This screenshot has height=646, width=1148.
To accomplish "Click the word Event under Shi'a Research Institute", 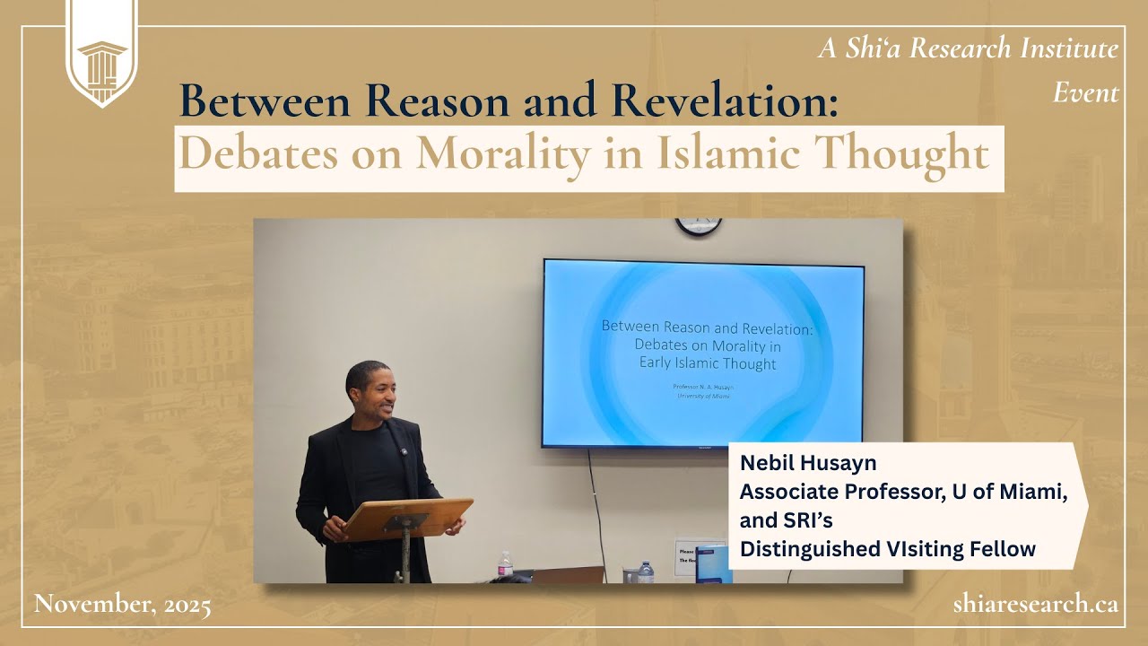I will pyautogui.click(x=1085, y=92).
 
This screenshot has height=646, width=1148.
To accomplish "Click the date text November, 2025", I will pyautogui.click(x=122, y=605).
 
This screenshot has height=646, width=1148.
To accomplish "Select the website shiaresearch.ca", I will pyautogui.click(x=1035, y=604).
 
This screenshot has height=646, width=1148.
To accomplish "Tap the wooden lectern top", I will pyautogui.click(x=408, y=518).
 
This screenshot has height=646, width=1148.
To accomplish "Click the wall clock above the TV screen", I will pyautogui.click(x=698, y=226).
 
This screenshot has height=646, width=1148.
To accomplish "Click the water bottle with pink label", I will pyautogui.click(x=506, y=566).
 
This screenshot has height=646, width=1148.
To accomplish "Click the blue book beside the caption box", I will pyautogui.click(x=714, y=564).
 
